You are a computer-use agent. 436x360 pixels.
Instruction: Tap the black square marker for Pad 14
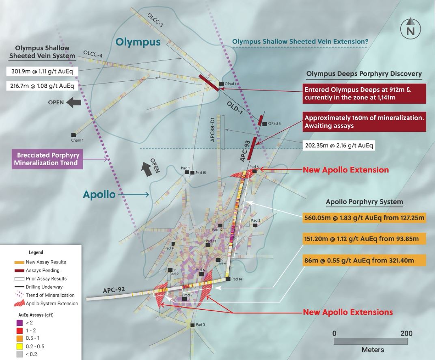click(228, 279)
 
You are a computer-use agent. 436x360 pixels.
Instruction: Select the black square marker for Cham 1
click(73, 135)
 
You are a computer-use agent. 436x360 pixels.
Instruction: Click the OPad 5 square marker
click(265, 123)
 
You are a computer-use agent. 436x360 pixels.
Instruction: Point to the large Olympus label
click(138, 42)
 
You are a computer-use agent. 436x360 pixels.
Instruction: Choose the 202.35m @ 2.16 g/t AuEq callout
click(339, 145)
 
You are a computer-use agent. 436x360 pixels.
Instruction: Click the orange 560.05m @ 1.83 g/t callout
click(364, 218)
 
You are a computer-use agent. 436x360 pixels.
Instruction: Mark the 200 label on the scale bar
click(406, 334)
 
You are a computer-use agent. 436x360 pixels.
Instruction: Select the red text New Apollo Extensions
click(348, 312)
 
